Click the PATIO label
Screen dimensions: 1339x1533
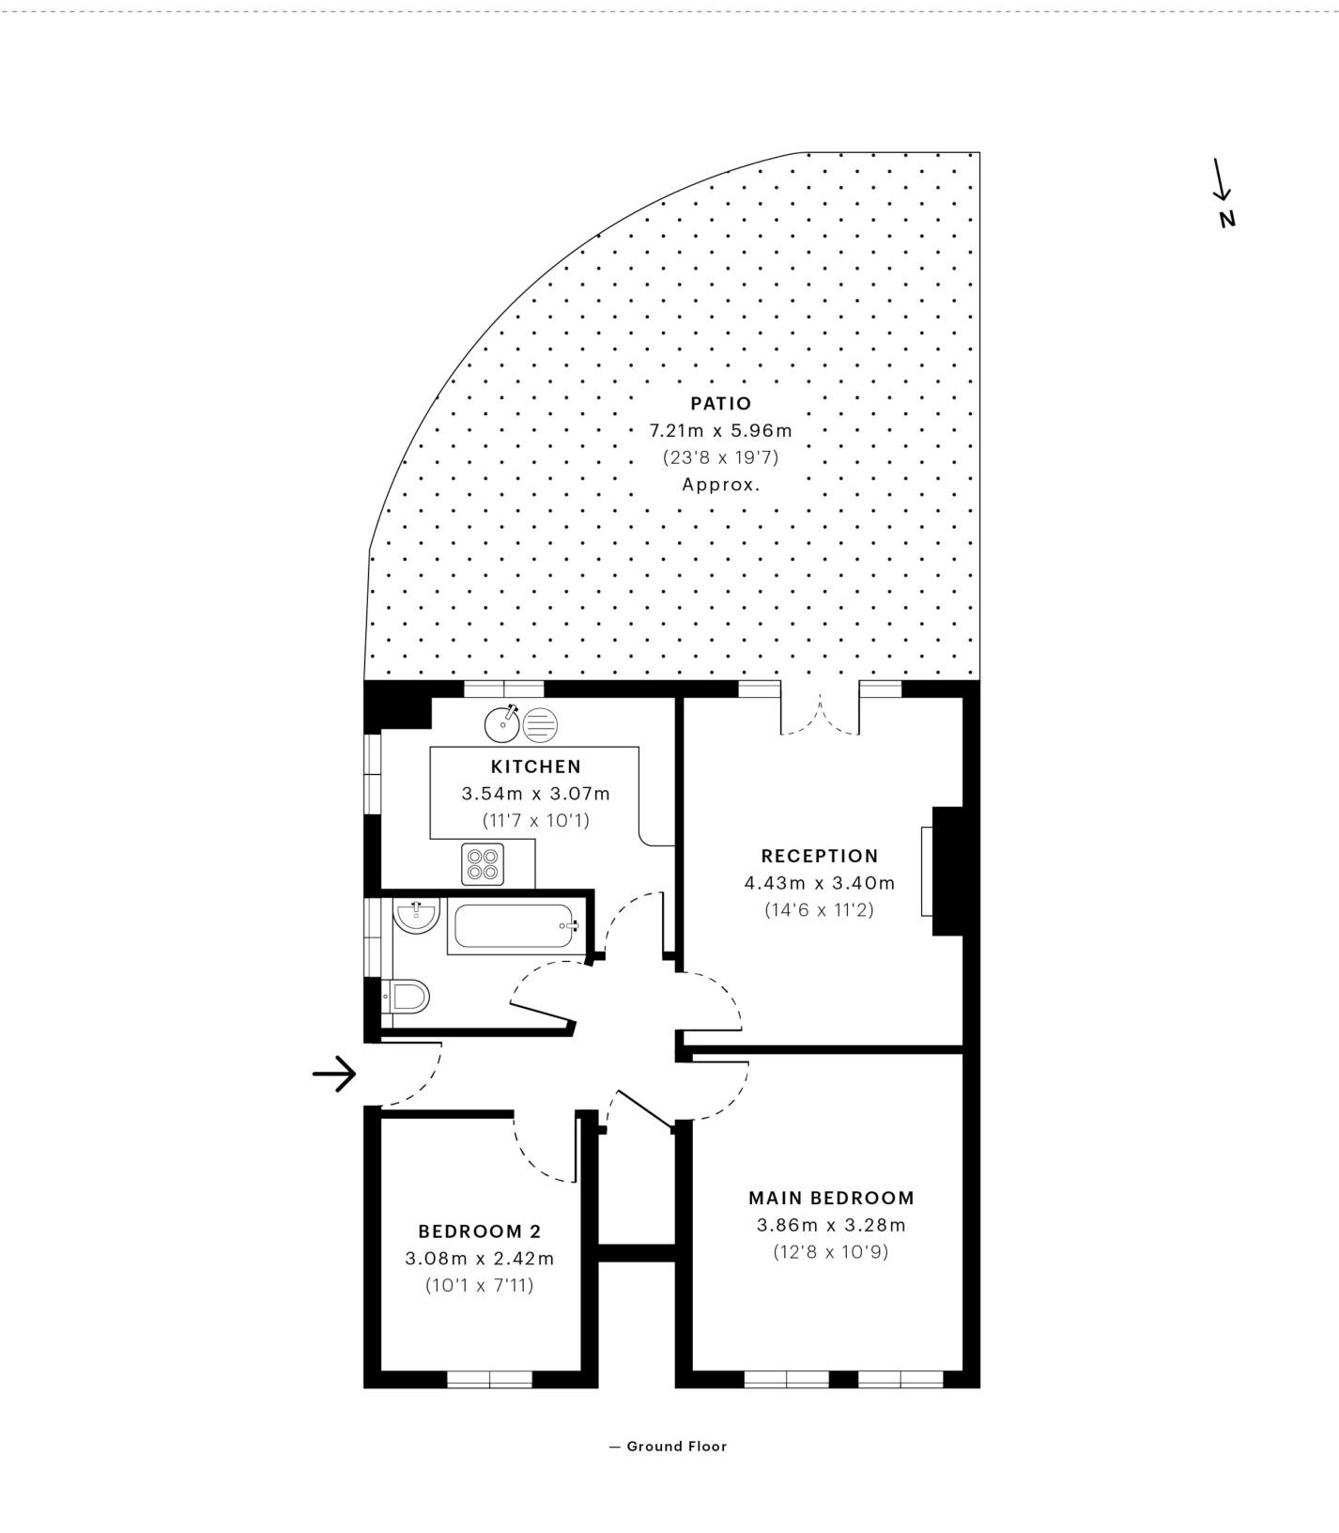(720, 404)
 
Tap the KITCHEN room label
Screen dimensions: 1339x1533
(535, 766)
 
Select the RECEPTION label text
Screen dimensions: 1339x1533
(819, 856)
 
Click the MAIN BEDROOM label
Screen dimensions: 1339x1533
(831, 1198)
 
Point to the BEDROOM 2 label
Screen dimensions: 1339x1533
(480, 1231)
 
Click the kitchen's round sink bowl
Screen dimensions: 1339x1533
(502, 723)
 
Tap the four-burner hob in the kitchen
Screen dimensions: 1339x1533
(483, 864)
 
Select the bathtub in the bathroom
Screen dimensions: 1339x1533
(515, 927)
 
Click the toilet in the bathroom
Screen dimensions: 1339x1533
(406, 996)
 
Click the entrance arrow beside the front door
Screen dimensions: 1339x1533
(334, 1073)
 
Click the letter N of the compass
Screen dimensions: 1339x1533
(1227, 219)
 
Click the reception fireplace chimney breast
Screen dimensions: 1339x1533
(947, 871)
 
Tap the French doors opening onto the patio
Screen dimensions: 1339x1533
(820, 714)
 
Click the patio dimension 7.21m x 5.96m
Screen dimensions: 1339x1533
(721, 431)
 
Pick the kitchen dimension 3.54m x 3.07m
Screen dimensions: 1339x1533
(535, 794)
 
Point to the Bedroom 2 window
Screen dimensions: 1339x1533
(489, 1379)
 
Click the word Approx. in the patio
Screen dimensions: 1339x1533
(721, 486)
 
